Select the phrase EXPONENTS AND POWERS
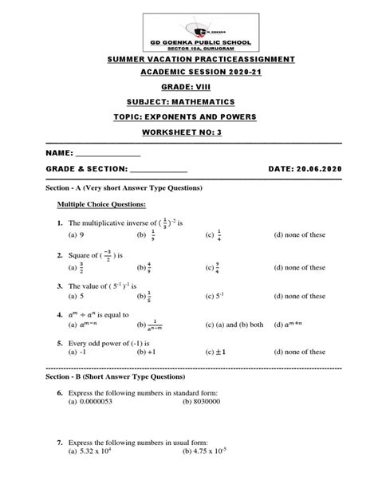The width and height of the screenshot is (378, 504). tap(211, 116)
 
